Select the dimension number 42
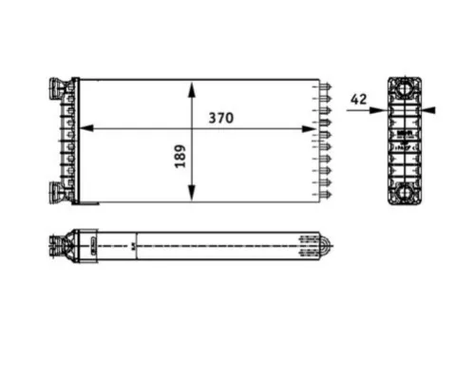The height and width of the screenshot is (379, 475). point(358,98)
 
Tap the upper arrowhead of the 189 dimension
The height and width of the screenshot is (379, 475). point(193,87)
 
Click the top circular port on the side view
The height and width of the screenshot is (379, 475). point(406,89)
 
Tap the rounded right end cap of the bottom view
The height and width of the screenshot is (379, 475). point(326,248)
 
